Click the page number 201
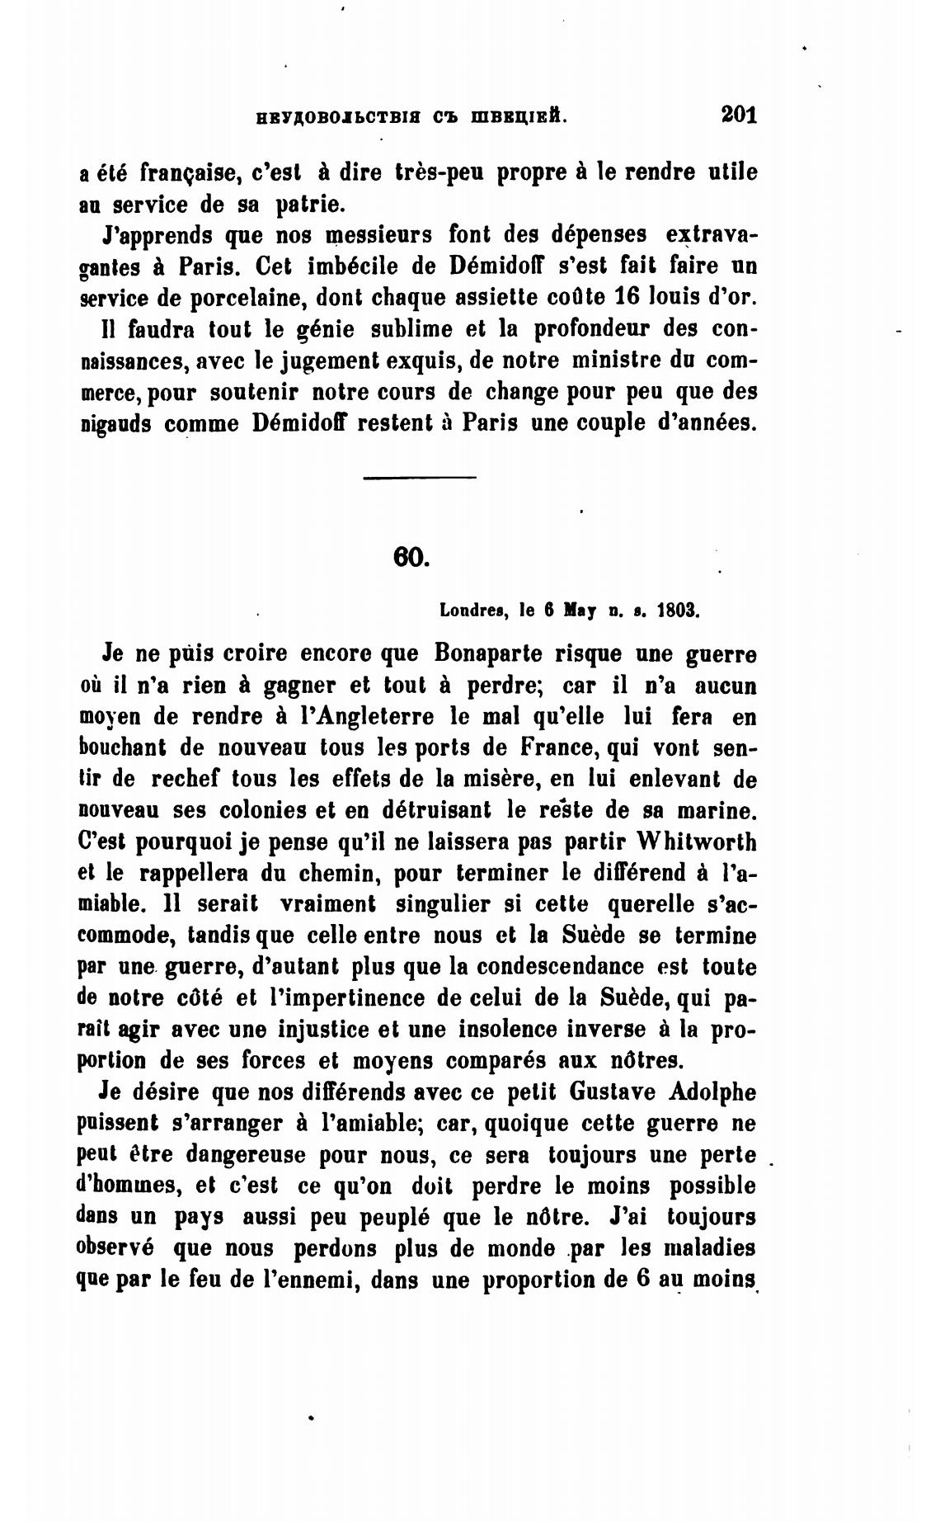[x=738, y=113]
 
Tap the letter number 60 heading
[x=411, y=557]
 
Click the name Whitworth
[x=697, y=842]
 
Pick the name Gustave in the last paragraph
[x=610, y=1092]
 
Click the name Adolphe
[x=713, y=1092]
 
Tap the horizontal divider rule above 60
[x=420, y=478]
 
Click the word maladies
[x=711, y=1247]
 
